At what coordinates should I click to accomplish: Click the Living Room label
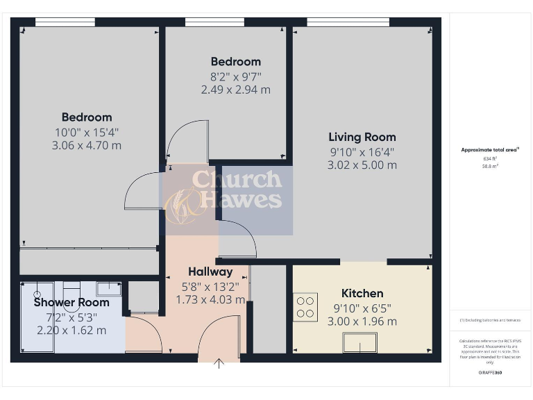pyautogui.click(x=362, y=137)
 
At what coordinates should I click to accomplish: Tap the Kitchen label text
pyautogui.click(x=362, y=293)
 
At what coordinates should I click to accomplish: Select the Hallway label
pyautogui.click(x=210, y=272)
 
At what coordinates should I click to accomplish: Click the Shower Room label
pyautogui.click(x=71, y=302)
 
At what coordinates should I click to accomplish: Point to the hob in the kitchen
pyautogui.click(x=305, y=307)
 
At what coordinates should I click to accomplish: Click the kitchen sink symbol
pyautogui.click(x=360, y=342)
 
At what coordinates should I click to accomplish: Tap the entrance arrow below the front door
pyautogui.click(x=219, y=363)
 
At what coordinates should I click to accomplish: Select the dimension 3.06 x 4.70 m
pyautogui.click(x=87, y=145)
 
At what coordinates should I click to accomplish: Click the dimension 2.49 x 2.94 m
pyautogui.click(x=235, y=90)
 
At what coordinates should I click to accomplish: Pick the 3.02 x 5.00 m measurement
pyautogui.click(x=362, y=165)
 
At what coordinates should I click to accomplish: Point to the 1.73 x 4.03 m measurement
pyautogui.click(x=210, y=299)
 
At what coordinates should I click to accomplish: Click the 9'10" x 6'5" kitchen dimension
pyautogui.click(x=362, y=308)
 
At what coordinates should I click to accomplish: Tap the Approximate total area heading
pyautogui.click(x=490, y=150)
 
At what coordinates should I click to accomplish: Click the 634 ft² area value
pyautogui.click(x=490, y=158)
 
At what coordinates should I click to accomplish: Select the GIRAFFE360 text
pyautogui.click(x=490, y=373)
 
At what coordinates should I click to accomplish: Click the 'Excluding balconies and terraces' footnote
pyautogui.click(x=490, y=320)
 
